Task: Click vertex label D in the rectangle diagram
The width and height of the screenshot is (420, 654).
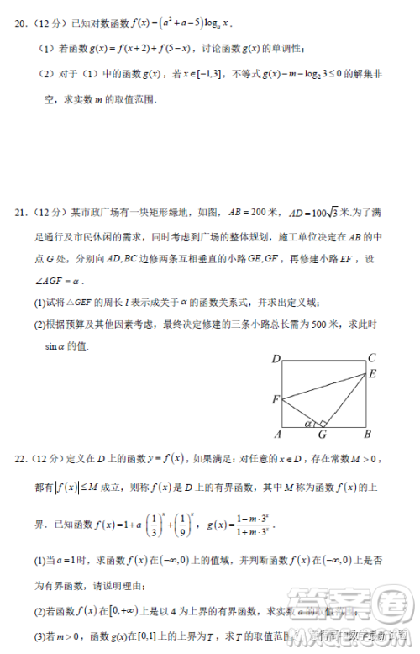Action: [276, 359]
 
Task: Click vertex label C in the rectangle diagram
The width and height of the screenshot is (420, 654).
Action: [372, 358]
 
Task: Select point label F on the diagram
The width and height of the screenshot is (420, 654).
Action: [276, 399]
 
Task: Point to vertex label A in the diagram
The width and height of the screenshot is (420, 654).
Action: [277, 434]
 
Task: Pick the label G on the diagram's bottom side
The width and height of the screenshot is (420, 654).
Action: [320, 435]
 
